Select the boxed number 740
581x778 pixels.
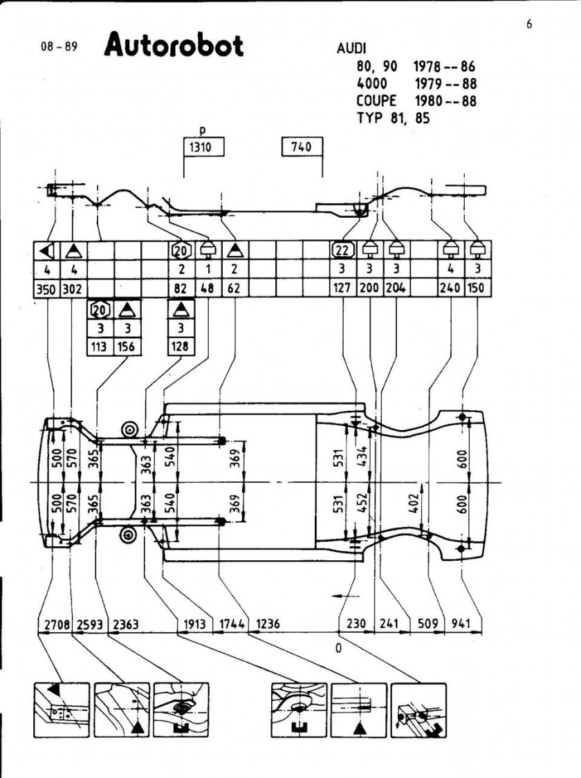tap(302, 147)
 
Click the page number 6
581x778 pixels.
tap(529, 25)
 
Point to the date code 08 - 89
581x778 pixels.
tap(60, 50)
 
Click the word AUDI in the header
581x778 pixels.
tap(351, 50)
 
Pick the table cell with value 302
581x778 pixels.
tap(73, 287)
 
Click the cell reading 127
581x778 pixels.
tap(344, 287)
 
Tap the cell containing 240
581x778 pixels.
tap(450, 287)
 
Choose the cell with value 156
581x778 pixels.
tap(125, 347)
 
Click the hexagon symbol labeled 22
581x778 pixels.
tap(343, 250)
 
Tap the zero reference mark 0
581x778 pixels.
tap(339, 648)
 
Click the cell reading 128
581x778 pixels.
tap(181, 347)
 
